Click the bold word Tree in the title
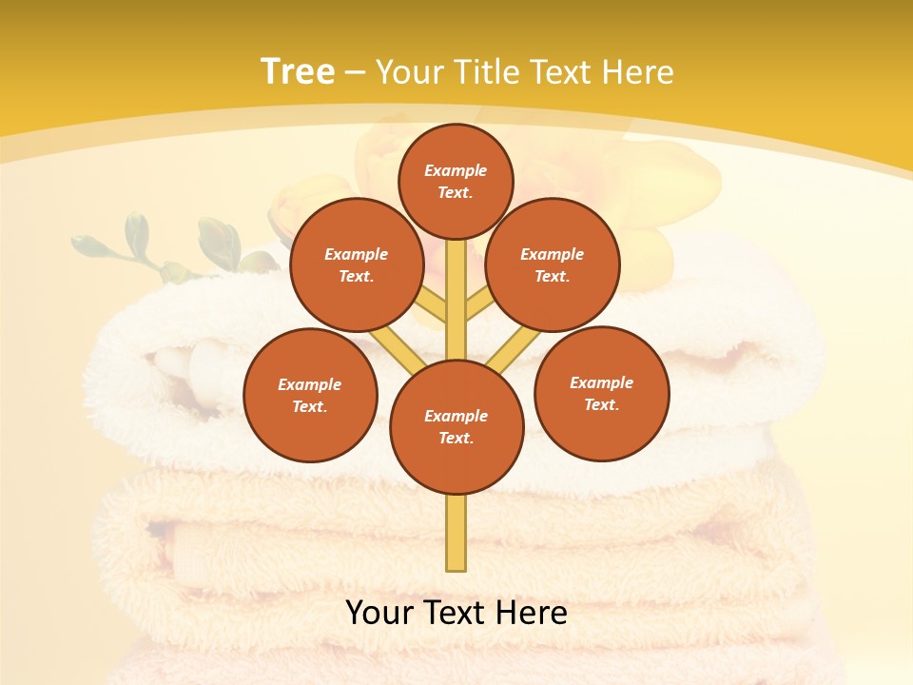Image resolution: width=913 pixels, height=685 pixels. pos(298,71)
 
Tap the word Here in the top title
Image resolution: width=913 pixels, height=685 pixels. pos(635,72)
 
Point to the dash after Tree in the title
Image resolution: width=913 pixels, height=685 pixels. pos(355,73)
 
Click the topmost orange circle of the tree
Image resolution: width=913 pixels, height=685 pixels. pos(456,181)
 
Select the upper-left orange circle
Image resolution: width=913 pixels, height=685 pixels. pos(356,264)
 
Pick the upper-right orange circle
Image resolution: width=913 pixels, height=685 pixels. pos(552,264)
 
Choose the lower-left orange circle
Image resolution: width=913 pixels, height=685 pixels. pos(310,395)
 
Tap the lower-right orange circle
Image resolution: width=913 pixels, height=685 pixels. pos(601,393)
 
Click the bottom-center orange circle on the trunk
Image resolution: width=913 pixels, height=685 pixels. pos(456,426)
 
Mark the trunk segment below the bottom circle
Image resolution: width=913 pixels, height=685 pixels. pos(456,533)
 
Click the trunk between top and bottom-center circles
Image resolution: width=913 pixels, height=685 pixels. pos(456,300)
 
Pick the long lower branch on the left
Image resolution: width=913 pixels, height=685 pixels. pos(396,349)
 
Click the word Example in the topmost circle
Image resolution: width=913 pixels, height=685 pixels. pos(456,170)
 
